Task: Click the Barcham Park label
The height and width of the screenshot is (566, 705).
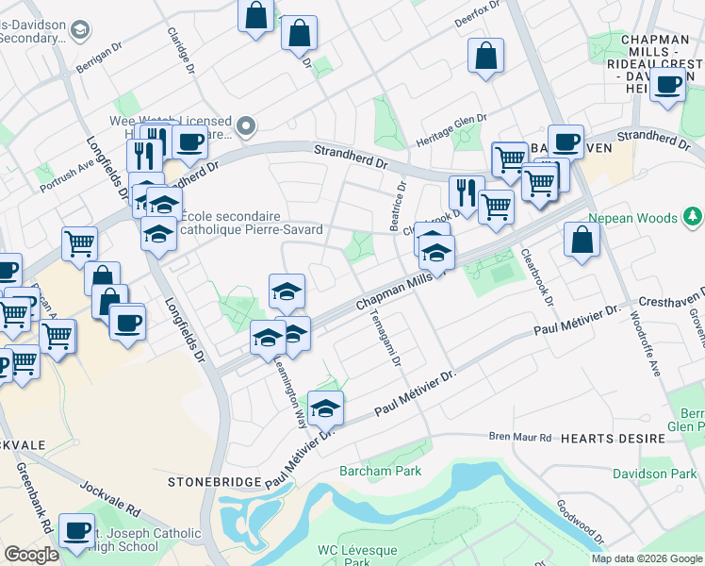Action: [380, 470]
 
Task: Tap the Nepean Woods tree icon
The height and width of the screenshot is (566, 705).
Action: [694, 218]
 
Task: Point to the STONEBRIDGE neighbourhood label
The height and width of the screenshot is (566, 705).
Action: [213, 481]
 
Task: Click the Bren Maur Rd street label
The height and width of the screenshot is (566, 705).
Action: [519, 437]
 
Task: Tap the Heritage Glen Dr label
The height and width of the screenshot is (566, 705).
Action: [451, 130]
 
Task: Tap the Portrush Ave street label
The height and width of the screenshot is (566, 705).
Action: [67, 174]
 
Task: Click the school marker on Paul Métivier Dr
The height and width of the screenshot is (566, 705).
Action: [325, 408]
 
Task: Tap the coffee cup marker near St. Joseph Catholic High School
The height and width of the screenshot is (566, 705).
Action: [76, 529]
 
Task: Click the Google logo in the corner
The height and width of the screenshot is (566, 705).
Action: [31, 555]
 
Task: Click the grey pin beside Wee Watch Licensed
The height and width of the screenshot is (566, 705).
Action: [247, 125]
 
